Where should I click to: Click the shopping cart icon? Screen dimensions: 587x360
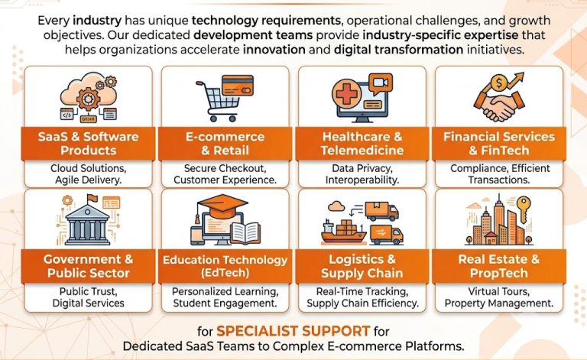(220, 102)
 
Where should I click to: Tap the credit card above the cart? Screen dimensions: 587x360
(238, 86)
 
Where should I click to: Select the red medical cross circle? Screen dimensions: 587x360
(347, 93)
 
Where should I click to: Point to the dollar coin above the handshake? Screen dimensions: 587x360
(498, 83)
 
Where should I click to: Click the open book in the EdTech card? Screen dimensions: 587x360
(245, 233)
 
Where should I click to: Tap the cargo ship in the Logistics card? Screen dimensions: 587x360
(342, 231)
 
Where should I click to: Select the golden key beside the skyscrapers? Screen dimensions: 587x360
(524, 209)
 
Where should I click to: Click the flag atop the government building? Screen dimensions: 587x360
(92, 198)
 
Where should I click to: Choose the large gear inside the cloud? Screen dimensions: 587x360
(89, 99)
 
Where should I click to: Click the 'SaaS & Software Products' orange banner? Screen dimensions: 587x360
(89, 144)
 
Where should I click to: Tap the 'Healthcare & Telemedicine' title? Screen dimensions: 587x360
(362, 144)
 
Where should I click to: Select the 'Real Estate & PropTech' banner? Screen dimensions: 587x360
(499, 267)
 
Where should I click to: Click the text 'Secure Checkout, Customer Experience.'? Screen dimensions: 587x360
(225, 174)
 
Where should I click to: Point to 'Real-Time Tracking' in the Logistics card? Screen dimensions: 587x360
(362, 291)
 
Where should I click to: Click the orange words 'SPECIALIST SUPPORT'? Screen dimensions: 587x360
(293, 331)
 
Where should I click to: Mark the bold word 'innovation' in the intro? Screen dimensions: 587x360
(274, 50)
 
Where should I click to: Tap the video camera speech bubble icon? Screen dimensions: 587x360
(381, 84)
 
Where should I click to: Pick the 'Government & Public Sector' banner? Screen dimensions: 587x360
(89, 267)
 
